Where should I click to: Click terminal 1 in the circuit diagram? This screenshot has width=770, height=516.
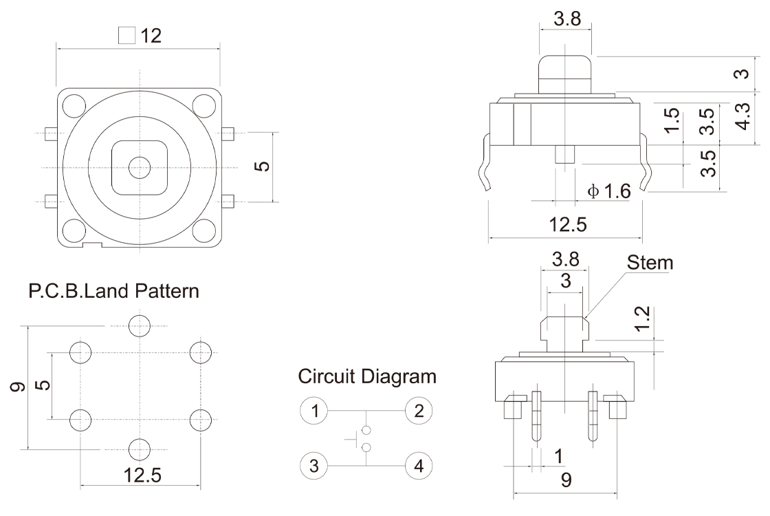[x=314, y=411]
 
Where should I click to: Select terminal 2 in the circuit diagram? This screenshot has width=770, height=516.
[x=419, y=411]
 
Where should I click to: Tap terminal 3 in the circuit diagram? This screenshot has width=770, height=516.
[x=314, y=466]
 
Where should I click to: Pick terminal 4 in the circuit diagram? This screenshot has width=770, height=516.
[x=419, y=466]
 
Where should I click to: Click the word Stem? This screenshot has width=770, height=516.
[x=650, y=262]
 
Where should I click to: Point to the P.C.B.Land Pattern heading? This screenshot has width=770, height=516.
[x=114, y=292]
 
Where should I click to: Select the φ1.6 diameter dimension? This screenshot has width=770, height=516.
[x=609, y=191]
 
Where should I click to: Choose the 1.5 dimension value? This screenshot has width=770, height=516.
[x=673, y=121]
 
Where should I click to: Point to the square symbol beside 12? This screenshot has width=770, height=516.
[x=126, y=36]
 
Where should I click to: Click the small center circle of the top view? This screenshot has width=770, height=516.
[x=140, y=166]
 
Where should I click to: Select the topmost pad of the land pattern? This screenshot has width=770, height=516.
[x=140, y=325]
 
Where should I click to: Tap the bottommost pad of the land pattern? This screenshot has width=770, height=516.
[x=140, y=448]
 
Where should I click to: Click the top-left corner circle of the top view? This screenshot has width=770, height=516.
[x=72, y=105]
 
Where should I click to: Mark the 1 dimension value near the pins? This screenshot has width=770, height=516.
[x=558, y=455]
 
